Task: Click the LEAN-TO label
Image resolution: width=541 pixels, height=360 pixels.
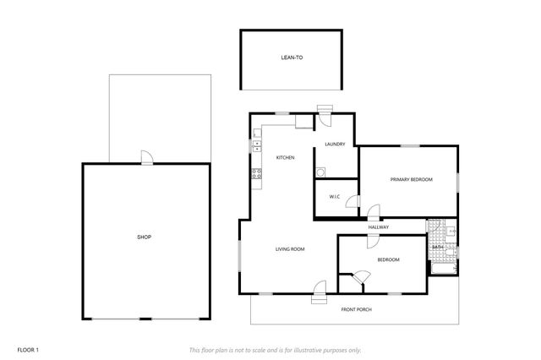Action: point(291,59)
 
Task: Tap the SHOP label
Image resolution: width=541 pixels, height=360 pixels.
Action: point(144,237)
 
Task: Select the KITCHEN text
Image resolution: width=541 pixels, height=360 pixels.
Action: point(285,157)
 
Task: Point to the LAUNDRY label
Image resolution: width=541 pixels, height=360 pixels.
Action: point(335,145)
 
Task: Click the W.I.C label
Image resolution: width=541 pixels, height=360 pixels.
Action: point(333,199)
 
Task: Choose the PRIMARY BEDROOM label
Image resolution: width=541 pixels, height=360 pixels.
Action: point(411,180)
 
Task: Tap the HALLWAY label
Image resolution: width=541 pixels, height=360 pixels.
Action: point(378,227)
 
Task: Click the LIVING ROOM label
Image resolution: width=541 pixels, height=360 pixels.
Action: point(289,249)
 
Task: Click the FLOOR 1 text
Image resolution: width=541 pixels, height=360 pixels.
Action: point(28,349)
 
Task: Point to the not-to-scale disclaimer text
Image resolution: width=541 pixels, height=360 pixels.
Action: point(275,349)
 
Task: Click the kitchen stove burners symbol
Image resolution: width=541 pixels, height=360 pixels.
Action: point(256,174)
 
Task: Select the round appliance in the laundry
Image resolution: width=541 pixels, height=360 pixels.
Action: point(320,172)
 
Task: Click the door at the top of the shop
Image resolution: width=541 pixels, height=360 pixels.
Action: point(146,157)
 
